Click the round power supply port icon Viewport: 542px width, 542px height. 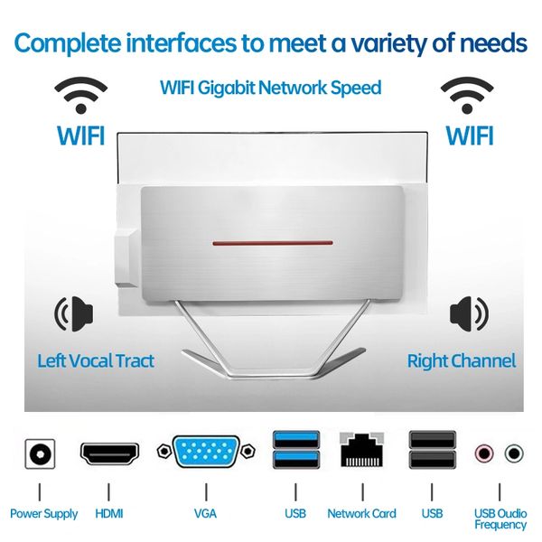[x=40, y=453]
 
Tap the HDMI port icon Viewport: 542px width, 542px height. [x=109, y=453]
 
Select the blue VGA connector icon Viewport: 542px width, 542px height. [x=206, y=451]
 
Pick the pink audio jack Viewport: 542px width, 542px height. [x=483, y=453]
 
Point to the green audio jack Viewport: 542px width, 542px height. [x=514, y=453]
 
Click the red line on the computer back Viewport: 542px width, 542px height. [x=273, y=243]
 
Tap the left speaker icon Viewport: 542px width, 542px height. [x=74, y=313]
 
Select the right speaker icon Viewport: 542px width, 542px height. [x=469, y=313]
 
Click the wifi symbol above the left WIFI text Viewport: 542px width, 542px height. [x=81, y=95]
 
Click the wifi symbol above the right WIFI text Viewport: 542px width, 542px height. [x=467, y=95]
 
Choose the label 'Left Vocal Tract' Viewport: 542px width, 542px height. [x=96, y=360]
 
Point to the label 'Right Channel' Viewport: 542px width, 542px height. [x=462, y=360]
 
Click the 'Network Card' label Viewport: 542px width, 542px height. [x=362, y=513]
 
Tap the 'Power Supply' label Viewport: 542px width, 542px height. [x=44, y=514]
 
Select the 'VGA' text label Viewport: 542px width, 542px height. [x=206, y=513]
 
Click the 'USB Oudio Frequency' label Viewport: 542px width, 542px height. [x=500, y=519]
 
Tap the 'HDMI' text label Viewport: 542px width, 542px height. [x=109, y=513]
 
